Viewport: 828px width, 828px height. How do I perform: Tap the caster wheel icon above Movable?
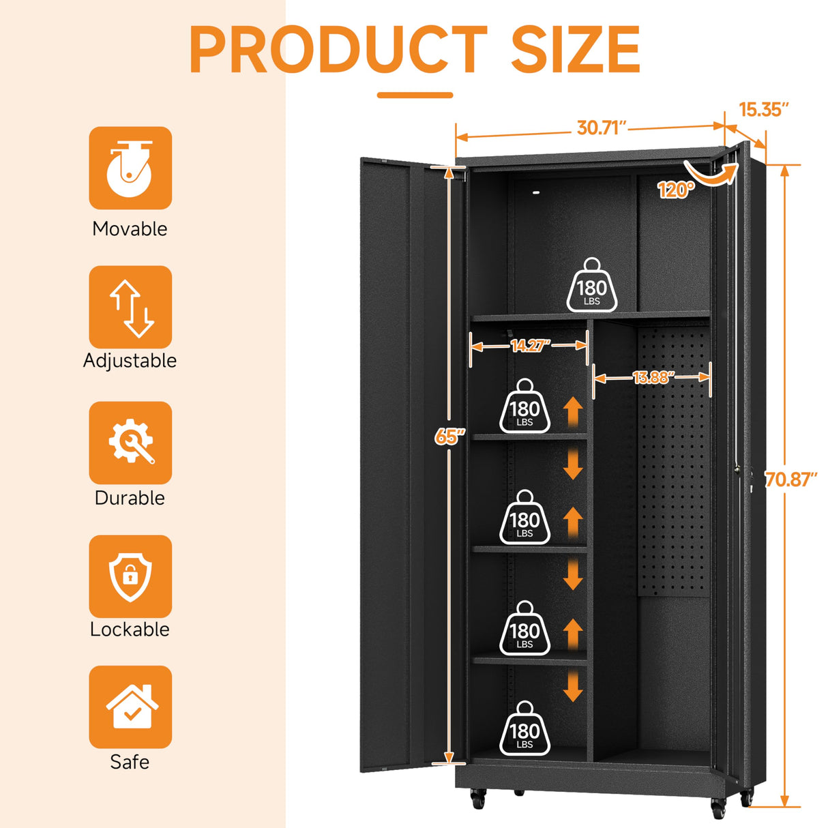pyautogui.click(x=130, y=168)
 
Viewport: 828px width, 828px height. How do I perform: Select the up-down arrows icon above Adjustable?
pyautogui.click(x=130, y=307)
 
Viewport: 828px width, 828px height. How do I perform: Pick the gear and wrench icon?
pyautogui.click(x=130, y=443)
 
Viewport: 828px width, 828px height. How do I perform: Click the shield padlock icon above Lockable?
pyautogui.click(x=130, y=576)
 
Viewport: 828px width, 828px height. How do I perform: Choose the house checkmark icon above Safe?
pyautogui.click(x=130, y=707)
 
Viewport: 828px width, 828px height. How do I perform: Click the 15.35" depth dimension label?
pyautogui.click(x=764, y=109)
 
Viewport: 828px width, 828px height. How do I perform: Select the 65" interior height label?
pyautogui.click(x=450, y=436)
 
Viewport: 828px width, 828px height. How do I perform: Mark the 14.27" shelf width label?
pyautogui.click(x=530, y=346)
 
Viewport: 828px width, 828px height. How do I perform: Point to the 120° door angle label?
pyautogui.click(x=675, y=190)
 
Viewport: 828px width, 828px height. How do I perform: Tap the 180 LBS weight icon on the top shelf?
pyautogui.click(x=592, y=286)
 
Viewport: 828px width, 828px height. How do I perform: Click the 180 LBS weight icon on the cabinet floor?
pyautogui.click(x=524, y=730)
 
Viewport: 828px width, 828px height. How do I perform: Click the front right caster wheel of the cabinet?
pyautogui.click(x=718, y=808)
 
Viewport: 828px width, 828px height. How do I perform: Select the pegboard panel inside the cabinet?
pyautogui.click(x=674, y=464)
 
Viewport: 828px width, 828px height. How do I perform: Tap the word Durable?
pyautogui.click(x=130, y=498)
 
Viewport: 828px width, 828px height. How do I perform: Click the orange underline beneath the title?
pyautogui.click(x=415, y=95)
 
